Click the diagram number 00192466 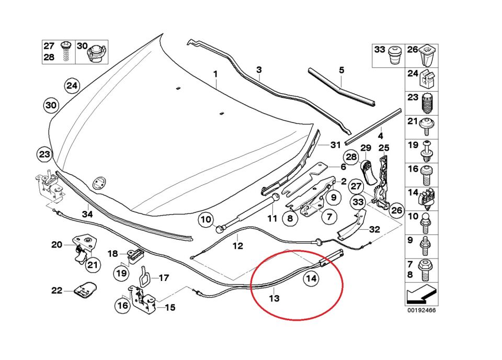[421, 310]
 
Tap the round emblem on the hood [98, 183]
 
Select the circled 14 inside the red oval [311, 279]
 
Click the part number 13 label [275, 298]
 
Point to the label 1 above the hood [215, 75]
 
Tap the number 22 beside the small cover [56, 291]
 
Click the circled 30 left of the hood [50, 106]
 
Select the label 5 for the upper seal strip [341, 70]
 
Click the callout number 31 [335, 145]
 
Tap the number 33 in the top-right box [380, 49]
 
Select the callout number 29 [366, 148]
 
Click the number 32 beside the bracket [374, 229]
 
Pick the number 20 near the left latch [56, 244]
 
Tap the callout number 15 [170, 308]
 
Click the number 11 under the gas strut [271, 218]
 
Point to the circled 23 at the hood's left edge [44, 154]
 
